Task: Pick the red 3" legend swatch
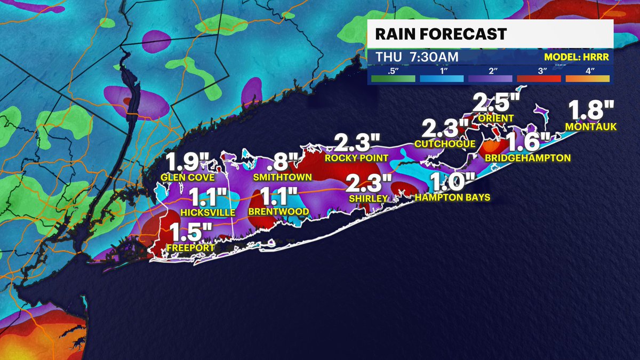pyautogui.click(x=538, y=78)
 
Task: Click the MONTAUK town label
pyautogui.click(x=591, y=127)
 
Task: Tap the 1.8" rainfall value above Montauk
pyautogui.click(x=591, y=110)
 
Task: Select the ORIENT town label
pyautogui.click(x=497, y=118)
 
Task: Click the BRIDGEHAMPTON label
pyautogui.click(x=528, y=158)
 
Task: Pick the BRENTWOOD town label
pyautogui.click(x=278, y=212)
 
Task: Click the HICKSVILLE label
pyautogui.click(x=207, y=212)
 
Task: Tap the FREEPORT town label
pyautogui.click(x=190, y=248)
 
